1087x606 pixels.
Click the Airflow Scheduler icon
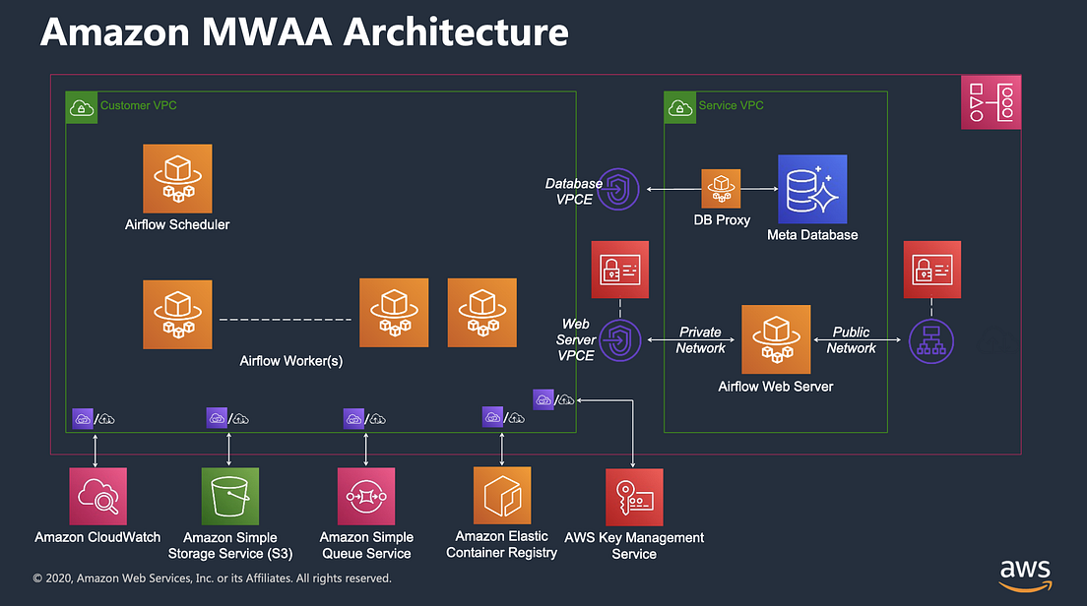177,178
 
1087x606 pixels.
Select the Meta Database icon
812,189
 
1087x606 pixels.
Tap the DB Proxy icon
721,188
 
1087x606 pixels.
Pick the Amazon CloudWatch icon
98,496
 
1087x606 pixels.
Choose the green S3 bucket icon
229,496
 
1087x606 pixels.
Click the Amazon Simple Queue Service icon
366,496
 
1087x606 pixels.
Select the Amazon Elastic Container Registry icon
502,496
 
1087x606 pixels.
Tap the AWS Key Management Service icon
634,497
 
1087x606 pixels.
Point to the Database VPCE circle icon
619,189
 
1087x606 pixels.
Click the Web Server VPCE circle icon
619,340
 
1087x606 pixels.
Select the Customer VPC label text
139,105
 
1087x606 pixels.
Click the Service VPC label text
731,105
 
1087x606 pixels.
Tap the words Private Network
700,340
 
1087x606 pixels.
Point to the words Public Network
852,340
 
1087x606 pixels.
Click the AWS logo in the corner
1025,573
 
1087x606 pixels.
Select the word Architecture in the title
455,31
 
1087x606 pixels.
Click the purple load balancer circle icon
930,340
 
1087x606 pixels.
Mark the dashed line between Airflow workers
286,320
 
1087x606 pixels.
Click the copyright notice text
212,578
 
